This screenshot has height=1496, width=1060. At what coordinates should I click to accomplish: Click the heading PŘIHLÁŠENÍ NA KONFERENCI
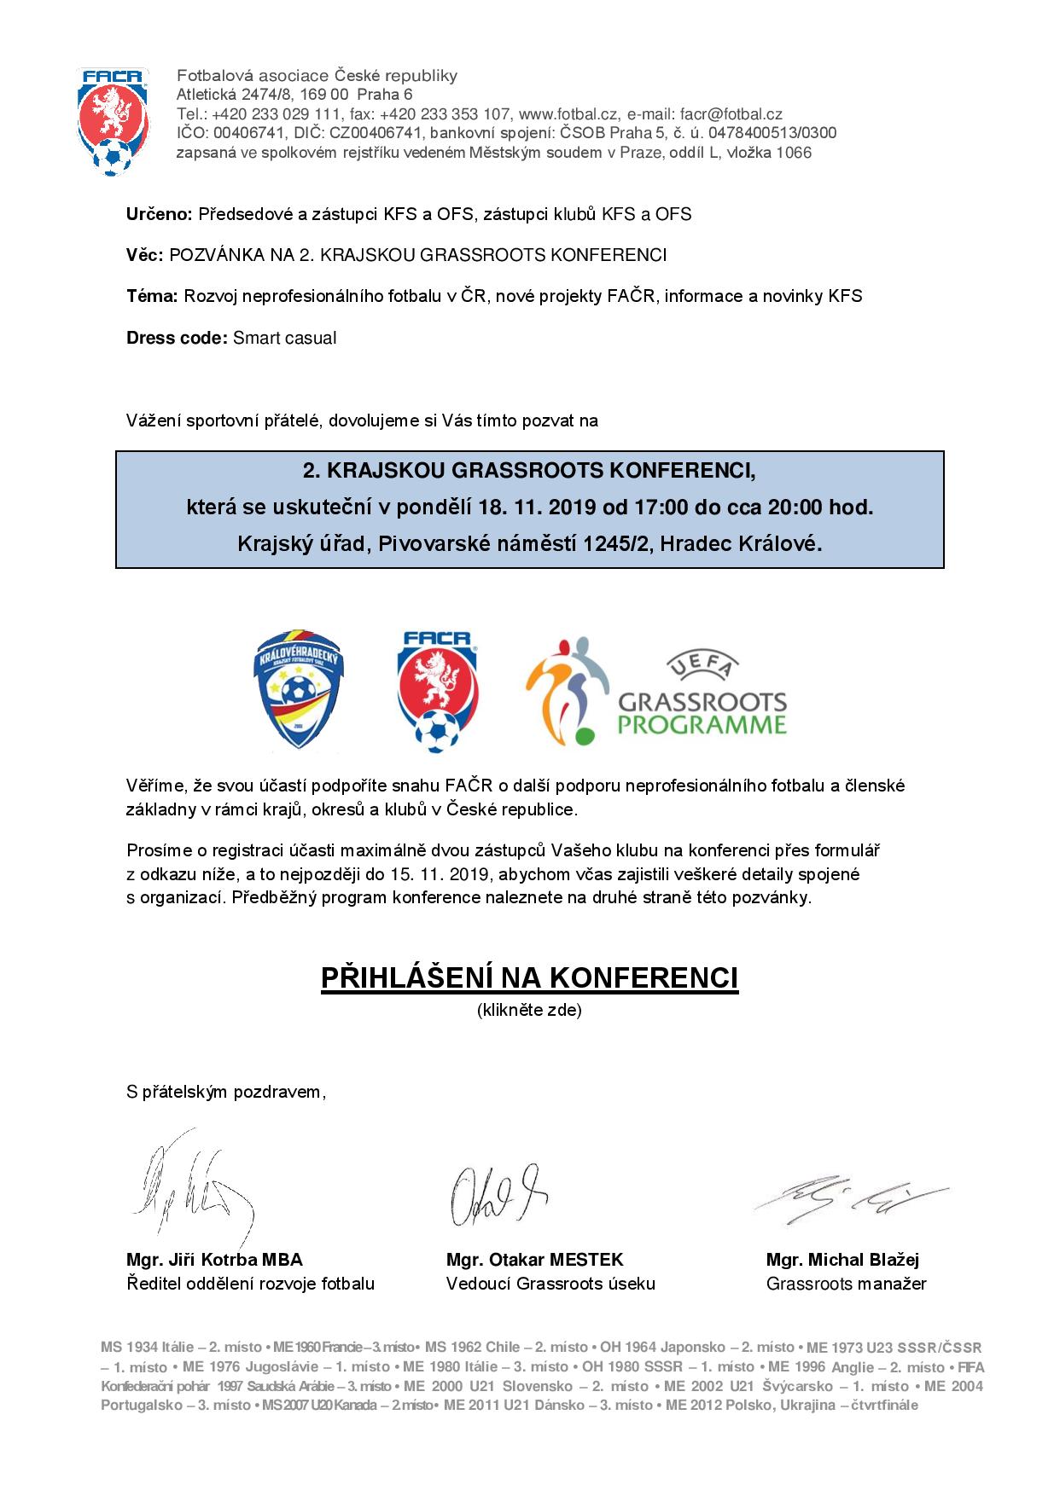[529, 978]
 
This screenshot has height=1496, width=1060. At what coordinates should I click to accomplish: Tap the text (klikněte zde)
[529, 1010]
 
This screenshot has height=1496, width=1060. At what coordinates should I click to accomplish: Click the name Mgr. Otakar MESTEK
[534, 1260]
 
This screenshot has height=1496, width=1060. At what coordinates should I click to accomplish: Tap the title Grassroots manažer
[846, 1284]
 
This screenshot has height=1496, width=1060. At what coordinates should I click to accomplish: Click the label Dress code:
[177, 338]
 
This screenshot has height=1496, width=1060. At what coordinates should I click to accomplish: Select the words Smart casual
[285, 338]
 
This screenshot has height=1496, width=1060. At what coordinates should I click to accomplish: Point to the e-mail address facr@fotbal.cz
[731, 114]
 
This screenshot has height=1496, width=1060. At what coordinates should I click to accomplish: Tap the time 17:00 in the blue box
[660, 507]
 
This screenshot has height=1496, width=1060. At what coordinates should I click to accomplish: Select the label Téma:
[152, 297]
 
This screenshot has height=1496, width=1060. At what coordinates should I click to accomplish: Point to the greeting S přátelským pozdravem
[226, 1092]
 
